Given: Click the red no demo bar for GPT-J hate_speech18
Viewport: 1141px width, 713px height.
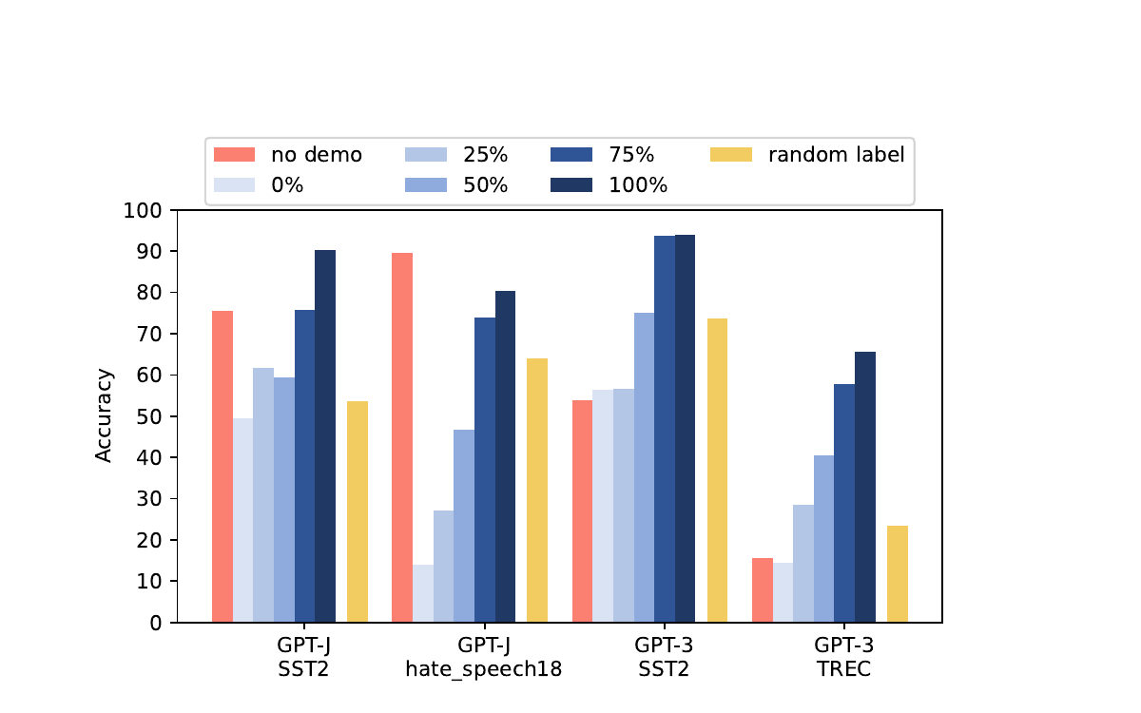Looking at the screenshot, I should click(x=402, y=437).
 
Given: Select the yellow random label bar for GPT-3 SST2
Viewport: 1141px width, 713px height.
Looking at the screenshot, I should click(x=717, y=470).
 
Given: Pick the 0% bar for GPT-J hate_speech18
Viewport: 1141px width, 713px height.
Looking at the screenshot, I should click(x=423, y=593).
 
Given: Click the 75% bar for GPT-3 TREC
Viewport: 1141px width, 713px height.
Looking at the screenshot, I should click(x=843, y=503).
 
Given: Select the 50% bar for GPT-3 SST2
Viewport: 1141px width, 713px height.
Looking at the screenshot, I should click(x=644, y=467).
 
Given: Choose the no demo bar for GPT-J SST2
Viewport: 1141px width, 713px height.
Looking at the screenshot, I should click(x=222, y=466).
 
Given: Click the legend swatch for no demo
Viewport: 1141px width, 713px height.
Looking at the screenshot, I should click(x=234, y=155).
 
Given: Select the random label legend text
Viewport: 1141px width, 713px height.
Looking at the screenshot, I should click(x=836, y=155).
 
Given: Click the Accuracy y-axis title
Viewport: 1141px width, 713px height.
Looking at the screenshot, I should click(x=104, y=415).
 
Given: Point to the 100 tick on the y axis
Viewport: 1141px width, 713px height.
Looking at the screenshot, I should click(x=143, y=210).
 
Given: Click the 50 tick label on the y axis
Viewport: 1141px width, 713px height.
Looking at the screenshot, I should click(x=148, y=416).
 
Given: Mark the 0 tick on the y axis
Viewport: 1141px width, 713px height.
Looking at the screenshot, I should click(x=155, y=623).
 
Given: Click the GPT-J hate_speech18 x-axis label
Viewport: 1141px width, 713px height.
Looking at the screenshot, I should click(x=484, y=657).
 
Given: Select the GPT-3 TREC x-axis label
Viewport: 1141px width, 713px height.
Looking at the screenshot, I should click(x=843, y=657).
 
